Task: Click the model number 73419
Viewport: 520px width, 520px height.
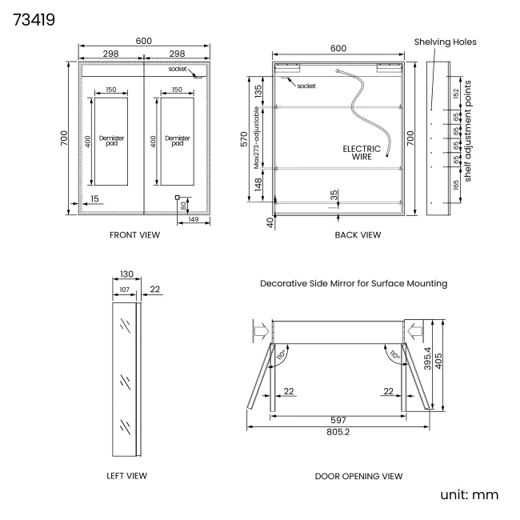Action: pyautogui.click(x=34, y=20)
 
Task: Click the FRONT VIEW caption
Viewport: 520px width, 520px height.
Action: pyautogui.click(x=134, y=235)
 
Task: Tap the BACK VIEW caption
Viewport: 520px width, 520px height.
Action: pyautogui.click(x=358, y=235)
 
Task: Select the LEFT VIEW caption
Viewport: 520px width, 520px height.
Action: pyautogui.click(x=126, y=476)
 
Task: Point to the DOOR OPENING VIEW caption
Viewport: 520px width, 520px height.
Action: pyautogui.click(x=358, y=476)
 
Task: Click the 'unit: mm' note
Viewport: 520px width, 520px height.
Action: pyautogui.click(x=470, y=494)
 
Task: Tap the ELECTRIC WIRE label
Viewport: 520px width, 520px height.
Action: pyautogui.click(x=362, y=153)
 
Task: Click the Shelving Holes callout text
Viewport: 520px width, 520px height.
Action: pyautogui.click(x=445, y=42)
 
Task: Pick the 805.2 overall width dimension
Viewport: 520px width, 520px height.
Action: pyautogui.click(x=338, y=432)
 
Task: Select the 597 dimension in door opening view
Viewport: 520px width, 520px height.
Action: pyautogui.click(x=338, y=420)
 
